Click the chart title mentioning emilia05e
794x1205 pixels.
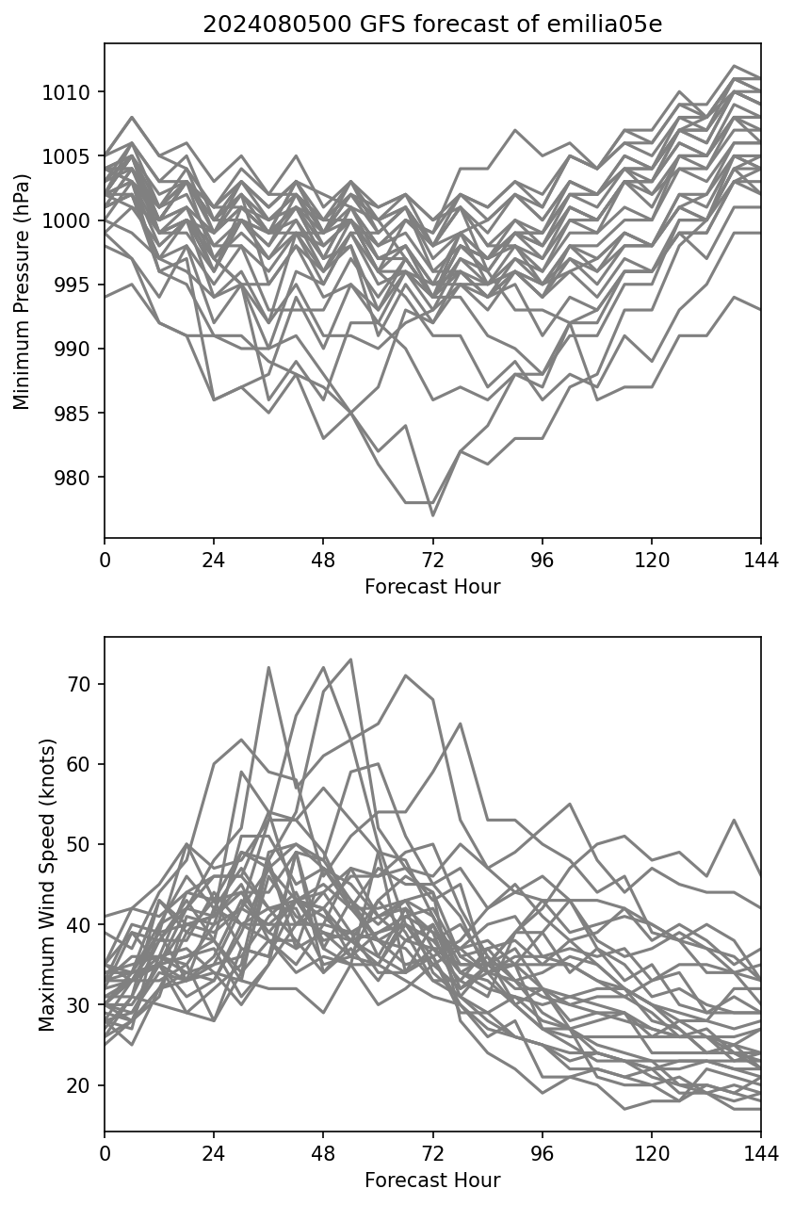click(432, 24)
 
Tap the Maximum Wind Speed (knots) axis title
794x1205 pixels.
click(47, 884)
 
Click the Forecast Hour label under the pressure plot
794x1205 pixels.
click(432, 587)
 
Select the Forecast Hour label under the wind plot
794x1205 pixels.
click(432, 1181)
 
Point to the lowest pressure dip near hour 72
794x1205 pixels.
click(432, 515)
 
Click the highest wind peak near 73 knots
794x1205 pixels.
click(350, 659)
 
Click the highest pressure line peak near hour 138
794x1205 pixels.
click(733, 66)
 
